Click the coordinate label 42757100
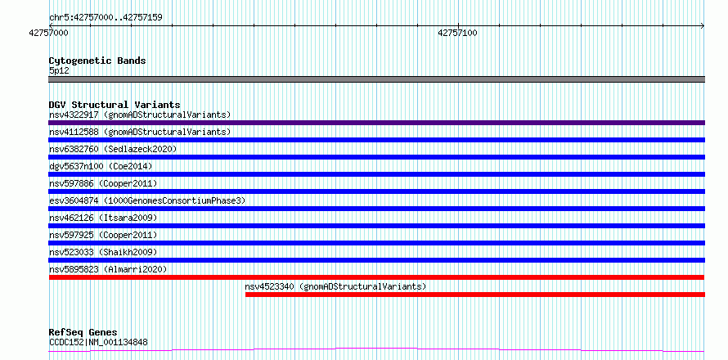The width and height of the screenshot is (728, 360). tap(457, 33)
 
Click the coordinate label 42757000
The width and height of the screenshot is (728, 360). tap(48, 33)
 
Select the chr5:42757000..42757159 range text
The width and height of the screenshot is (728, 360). tap(106, 18)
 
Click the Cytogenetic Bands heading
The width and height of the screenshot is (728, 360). tap(97, 61)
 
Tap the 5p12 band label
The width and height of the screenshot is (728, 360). tap(59, 71)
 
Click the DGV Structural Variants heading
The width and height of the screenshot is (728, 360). tap(115, 105)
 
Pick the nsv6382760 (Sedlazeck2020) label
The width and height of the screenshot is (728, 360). tap(113, 149)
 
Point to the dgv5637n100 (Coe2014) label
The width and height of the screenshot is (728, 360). tap(101, 166)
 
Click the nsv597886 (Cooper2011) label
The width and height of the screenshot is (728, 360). tap(103, 183)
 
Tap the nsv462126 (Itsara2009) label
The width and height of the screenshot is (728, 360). tap(103, 218)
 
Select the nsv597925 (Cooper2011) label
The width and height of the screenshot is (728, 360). tap(103, 235)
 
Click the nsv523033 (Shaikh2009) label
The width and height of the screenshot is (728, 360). tap(103, 252)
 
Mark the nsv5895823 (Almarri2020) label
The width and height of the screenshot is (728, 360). tap(108, 269)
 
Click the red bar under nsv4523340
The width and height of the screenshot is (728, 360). tap(475, 295)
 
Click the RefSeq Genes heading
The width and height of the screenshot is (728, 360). tap(83, 333)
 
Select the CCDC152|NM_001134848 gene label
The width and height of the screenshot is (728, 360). tap(98, 343)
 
